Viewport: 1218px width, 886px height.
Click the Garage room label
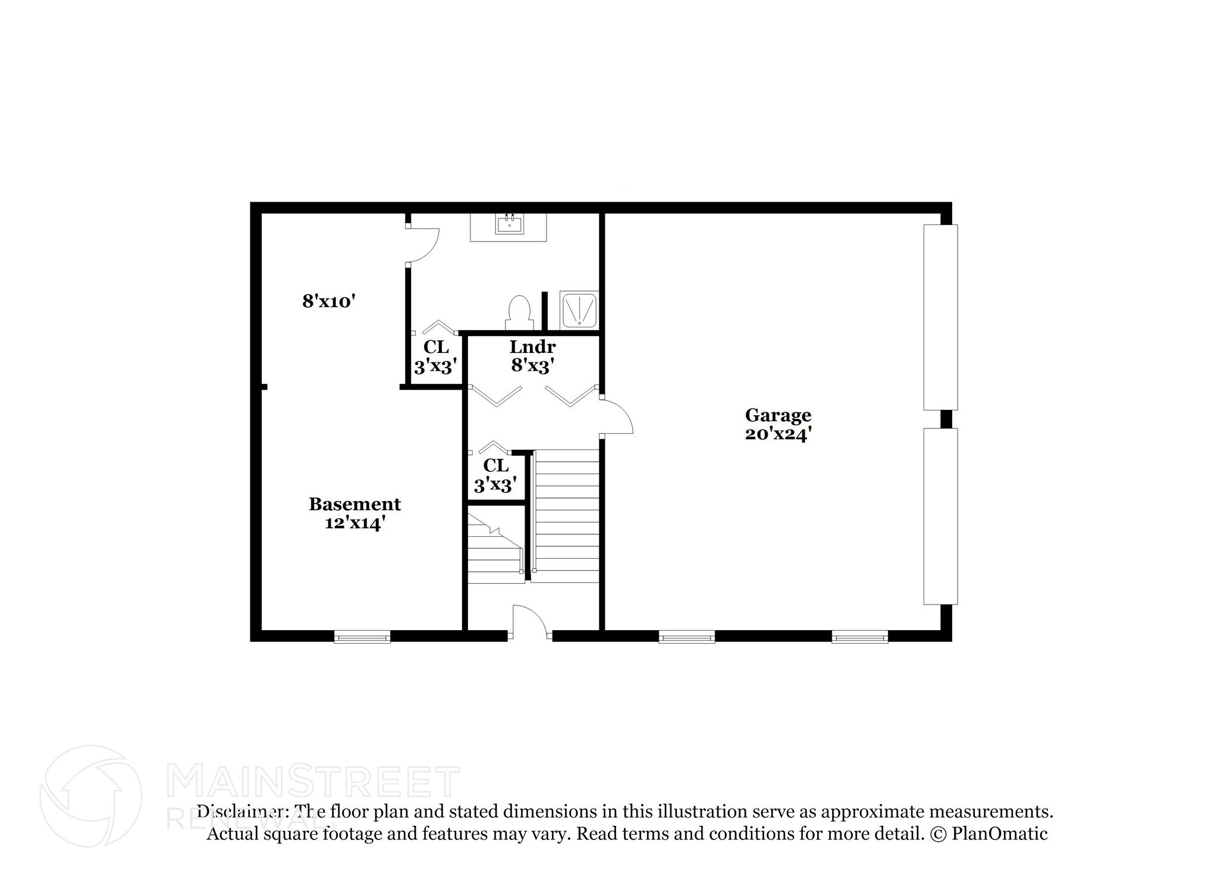pos(777,415)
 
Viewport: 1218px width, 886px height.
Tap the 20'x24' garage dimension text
pos(777,434)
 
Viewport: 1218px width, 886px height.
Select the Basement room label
pos(354,504)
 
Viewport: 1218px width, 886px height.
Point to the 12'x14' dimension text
pos(354,524)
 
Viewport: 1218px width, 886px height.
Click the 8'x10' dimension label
pos(328,301)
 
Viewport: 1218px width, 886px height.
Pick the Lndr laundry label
pos(532,346)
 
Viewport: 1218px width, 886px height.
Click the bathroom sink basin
pos(509,225)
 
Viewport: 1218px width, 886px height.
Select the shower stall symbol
pos(579,309)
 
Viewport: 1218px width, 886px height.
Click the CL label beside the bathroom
pos(436,346)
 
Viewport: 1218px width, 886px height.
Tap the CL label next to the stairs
pos(496,465)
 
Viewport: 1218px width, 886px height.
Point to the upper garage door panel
pos(940,317)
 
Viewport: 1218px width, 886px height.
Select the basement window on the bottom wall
pos(362,638)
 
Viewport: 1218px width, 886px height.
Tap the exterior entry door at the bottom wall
pos(530,622)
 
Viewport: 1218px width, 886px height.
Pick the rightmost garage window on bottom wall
pos(859,638)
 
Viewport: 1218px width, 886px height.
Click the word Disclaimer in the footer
pos(240,812)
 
